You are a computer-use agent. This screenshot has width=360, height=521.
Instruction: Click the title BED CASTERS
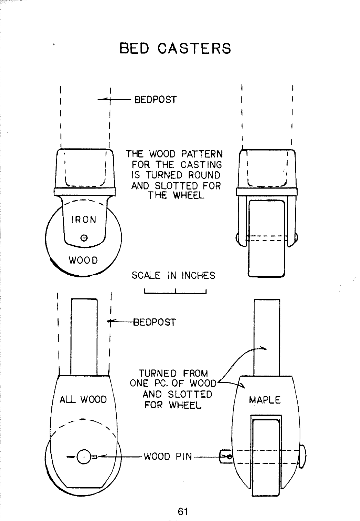(x=175, y=48)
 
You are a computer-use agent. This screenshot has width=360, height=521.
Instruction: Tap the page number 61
(x=183, y=511)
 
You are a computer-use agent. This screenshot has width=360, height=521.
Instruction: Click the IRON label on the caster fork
(x=83, y=220)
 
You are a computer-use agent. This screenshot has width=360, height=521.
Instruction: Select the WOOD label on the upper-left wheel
(x=83, y=260)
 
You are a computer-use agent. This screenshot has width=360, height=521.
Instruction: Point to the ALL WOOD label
(x=83, y=399)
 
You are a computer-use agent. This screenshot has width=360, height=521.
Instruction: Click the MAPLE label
(x=265, y=400)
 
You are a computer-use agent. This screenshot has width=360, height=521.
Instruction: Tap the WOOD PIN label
(x=168, y=457)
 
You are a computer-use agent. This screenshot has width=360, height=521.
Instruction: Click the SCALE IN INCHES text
(x=173, y=275)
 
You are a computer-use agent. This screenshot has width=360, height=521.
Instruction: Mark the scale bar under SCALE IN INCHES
(x=175, y=293)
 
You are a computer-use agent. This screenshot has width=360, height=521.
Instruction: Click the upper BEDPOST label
(x=156, y=100)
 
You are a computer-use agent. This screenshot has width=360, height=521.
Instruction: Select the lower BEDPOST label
(x=154, y=323)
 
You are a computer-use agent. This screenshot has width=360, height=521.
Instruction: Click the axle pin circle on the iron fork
(x=84, y=238)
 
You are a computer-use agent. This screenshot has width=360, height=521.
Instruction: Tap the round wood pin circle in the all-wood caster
(x=83, y=457)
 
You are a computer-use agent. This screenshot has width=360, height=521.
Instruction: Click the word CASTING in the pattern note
(x=201, y=165)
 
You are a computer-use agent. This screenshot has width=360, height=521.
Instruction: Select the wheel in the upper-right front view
(x=267, y=238)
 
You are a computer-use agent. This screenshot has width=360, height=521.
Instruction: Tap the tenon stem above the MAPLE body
(x=267, y=337)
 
